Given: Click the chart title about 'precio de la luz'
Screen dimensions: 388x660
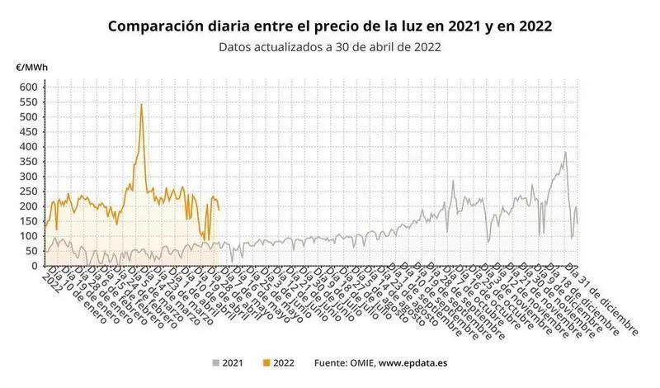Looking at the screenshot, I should [330, 26].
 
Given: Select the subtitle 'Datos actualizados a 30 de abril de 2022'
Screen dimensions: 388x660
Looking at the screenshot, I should [330, 47].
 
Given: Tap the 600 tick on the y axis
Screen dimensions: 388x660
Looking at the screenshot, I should [28, 87].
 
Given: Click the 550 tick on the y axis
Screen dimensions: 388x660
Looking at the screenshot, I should [28, 102].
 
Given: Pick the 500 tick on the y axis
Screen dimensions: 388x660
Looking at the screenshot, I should [28, 116].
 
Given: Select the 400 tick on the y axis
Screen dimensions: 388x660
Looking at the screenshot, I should [28, 146].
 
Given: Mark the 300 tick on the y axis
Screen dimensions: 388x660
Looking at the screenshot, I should [28, 177].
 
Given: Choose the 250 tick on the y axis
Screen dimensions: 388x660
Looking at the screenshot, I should [28, 192].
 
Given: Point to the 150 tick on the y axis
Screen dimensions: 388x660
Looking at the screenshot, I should [28, 221].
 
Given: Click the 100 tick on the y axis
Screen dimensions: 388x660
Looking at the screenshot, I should [28, 236].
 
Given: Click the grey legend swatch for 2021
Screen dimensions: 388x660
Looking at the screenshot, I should [216, 362].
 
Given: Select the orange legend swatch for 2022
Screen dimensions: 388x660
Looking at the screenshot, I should [265, 362].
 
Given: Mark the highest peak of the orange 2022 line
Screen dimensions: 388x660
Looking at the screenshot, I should [141, 104].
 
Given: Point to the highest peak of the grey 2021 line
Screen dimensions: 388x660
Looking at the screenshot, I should [565, 152].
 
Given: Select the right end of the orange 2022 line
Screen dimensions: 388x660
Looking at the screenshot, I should [219, 210].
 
